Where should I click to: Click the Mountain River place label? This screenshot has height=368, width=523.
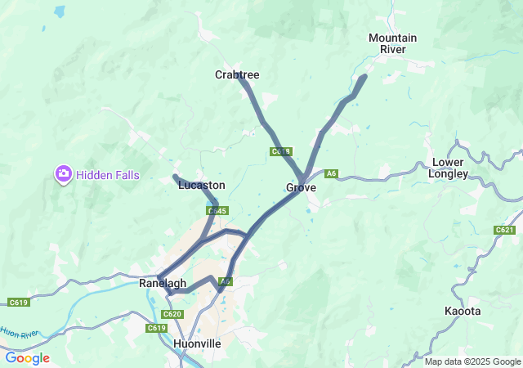point(392,43)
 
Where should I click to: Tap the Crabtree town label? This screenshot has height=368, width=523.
point(237,74)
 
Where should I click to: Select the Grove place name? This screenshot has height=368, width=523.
point(301,188)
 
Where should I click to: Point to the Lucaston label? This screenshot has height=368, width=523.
point(201,186)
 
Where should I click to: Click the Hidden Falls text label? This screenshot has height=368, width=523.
point(108,175)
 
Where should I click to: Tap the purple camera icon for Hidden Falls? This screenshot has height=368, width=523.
point(63,174)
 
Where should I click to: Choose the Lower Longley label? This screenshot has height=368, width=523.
point(449,168)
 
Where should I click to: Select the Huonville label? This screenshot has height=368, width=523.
point(197,344)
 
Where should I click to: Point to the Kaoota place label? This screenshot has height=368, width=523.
point(463,312)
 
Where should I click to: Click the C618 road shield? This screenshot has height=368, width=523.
point(280,151)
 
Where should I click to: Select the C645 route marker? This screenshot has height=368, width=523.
point(217,211)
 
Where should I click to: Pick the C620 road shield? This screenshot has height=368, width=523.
point(172,314)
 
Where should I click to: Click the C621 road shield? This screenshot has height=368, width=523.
point(504,231)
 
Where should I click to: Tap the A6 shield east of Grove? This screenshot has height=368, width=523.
point(331,173)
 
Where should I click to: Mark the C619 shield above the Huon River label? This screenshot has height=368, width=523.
point(19,303)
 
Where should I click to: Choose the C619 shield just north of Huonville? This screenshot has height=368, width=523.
point(157,328)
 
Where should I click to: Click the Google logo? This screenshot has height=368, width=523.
point(27,358)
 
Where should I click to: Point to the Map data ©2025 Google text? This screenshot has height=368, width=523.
point(472,361)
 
